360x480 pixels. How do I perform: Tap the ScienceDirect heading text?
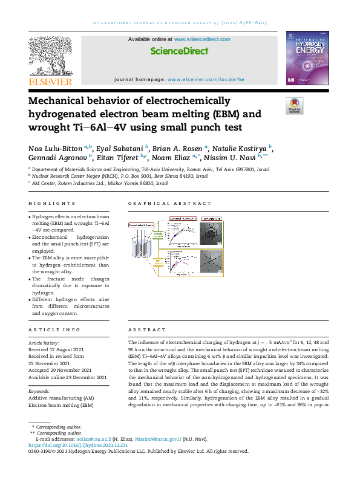click(179, 51)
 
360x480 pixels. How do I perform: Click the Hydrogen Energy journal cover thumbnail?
click(307, 59)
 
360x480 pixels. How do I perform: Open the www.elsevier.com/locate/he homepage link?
click(206, 79)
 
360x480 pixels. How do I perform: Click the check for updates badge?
click(294, 106)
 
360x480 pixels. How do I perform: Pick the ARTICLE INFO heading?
click(54, 329)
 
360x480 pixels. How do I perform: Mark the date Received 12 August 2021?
click(64, 349)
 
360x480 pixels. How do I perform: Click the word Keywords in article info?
click(40, 391)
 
